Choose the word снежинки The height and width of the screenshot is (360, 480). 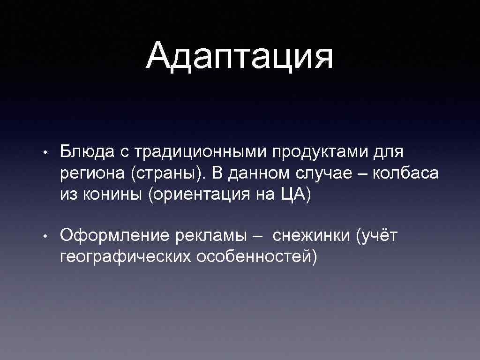click(x=312, y=235)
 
